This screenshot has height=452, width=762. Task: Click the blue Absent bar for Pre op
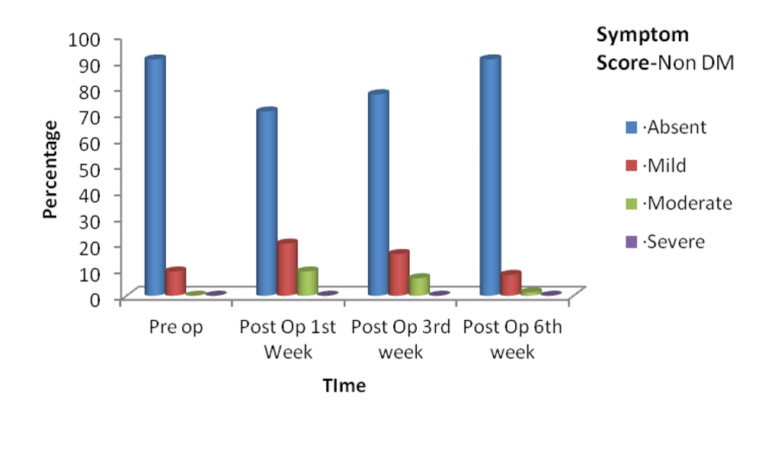[x=155, y=175]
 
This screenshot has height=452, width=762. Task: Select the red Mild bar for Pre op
[x=175, y=281]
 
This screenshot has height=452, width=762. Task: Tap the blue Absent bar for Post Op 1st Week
[x=267, y=201]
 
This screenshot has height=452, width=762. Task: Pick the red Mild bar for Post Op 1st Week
[x=287, y=268]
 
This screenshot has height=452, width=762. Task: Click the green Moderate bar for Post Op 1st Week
[x=307, y=281]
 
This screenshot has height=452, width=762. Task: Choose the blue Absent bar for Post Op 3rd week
[x=379, y=193]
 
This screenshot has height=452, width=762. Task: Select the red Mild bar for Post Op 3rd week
[x=399, y=273]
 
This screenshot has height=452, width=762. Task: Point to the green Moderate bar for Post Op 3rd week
[x=419, y=285]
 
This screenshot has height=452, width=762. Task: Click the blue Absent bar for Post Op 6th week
[x=490, y=175]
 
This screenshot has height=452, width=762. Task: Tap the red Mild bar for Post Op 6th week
[x=511, y=283]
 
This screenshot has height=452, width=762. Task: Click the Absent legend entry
[x=666, y=127]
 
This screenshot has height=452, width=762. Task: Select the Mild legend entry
[x=655, y=165]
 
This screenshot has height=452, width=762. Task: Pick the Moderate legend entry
[x=678, y=204]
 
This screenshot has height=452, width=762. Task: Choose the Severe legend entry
[x=664, y=242]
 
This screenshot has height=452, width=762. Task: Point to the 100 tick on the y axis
[x=84, y=40]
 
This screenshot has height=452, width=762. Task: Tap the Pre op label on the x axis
[x=176, y=328]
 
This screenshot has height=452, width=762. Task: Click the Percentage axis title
[x=50, y=170]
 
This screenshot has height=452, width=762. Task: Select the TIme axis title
[x=344, y=386]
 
